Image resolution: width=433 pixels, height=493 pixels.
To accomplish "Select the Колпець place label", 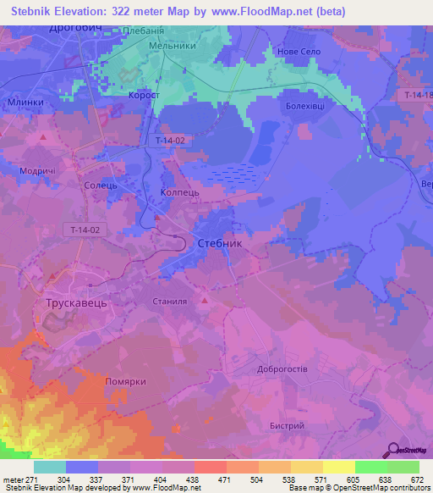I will point(179,194).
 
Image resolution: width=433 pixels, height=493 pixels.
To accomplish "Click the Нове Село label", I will point(310,51).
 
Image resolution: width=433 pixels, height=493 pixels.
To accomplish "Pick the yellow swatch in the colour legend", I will point(338,467).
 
